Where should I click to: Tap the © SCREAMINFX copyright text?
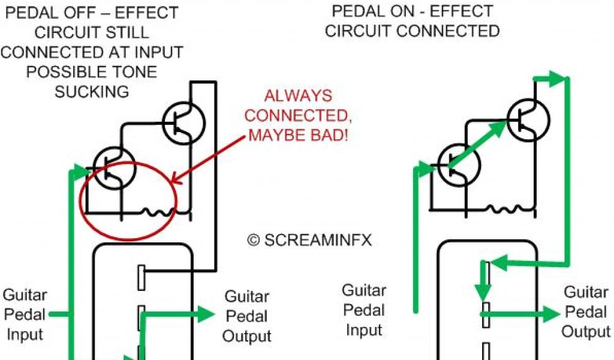coord(309,240)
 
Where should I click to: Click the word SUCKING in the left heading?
coord(92,92)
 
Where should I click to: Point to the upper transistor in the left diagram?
coord(184,122)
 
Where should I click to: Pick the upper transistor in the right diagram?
coord(528,119)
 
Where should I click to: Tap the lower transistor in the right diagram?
coord(459,166)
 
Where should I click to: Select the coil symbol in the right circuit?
coord(504,209)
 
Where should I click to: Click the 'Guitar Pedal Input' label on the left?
coord(25,314)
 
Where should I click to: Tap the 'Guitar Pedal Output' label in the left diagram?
coord(246,316)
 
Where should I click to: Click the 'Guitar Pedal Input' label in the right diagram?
coord(364,310)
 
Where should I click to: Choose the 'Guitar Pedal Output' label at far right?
coord(586,312)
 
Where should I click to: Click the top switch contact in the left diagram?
coord(141,277)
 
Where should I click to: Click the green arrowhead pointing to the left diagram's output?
coord(206,314)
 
